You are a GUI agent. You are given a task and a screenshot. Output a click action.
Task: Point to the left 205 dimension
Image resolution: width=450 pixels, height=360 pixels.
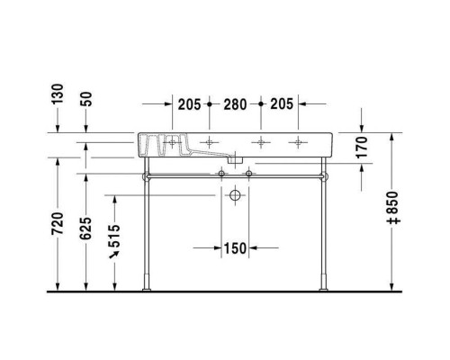point(189,104)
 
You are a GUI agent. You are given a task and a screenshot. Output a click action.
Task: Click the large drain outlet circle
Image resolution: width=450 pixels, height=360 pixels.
point(235,195)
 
